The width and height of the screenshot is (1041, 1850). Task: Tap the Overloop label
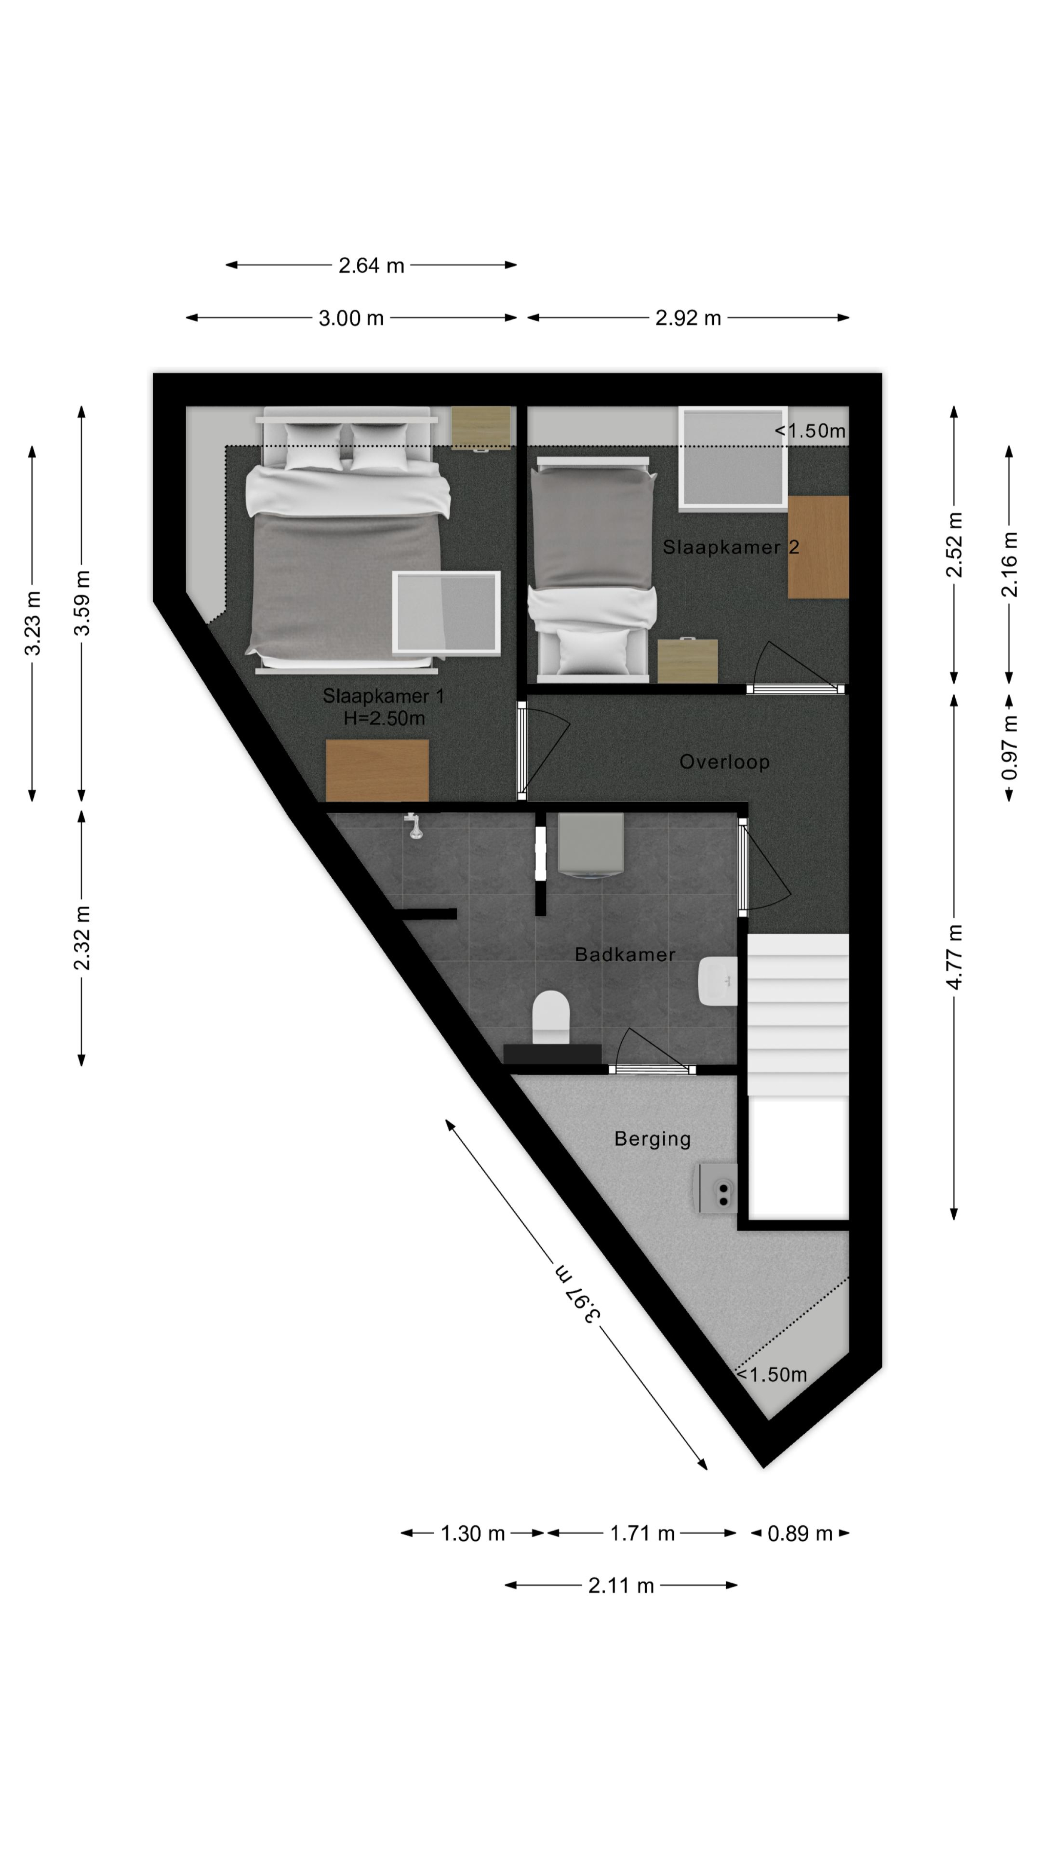click(x=724, y=762)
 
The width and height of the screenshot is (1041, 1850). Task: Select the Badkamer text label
click(x=625, y=955)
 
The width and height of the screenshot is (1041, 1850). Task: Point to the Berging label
click(x=652, y=1139)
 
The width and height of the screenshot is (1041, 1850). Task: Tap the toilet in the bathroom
click(x=551, y=1017)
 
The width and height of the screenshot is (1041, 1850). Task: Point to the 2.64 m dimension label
click(x=371, y=266)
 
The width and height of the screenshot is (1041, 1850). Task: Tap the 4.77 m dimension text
click(x=954, y=957)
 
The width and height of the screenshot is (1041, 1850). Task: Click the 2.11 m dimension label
click(x=621, y=1586)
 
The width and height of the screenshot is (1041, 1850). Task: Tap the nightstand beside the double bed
click(x=481, y=429)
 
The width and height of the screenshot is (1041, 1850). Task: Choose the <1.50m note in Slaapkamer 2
click(x=809, y=431)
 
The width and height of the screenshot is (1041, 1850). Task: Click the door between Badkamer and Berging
click(x=652, y=1069)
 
